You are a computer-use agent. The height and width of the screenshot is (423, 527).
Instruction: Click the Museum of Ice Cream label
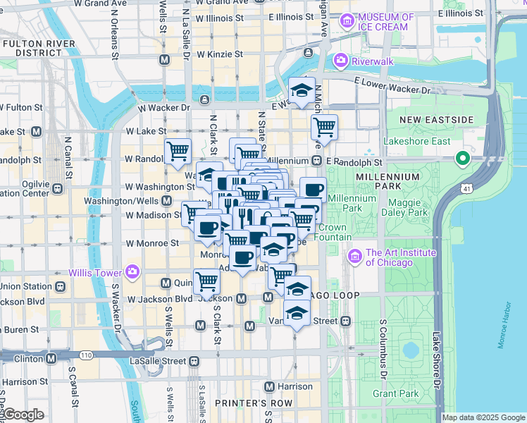[x=385, y=22]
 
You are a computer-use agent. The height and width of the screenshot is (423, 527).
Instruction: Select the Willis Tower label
[x=94, y=272]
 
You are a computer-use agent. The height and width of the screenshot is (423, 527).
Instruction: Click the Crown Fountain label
[x=333, y=233]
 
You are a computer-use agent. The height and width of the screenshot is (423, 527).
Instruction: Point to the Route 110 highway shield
[x=86, y=355]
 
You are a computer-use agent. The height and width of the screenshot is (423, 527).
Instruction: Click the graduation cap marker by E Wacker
[x=302, y=90]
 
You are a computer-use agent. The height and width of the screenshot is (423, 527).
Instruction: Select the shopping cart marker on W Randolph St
[x=178, y=151]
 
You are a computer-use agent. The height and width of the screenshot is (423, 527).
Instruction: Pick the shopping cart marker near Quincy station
[x=206, y=281]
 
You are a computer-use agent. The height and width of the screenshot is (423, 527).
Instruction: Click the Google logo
[x=23, y=415]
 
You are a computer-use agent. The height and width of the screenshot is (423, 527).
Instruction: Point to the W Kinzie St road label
[x=220, y=54]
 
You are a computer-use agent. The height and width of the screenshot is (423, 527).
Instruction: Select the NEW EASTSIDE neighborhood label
[x=435, y=120]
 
